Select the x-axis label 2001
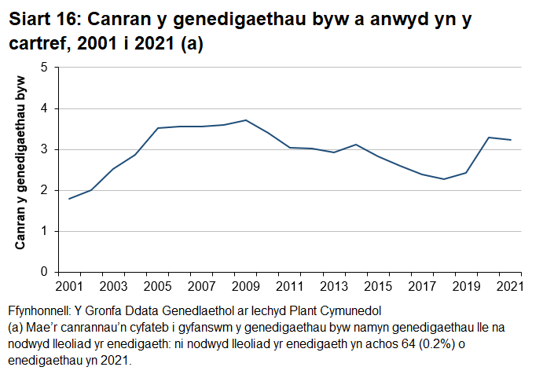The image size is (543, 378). point(69,284)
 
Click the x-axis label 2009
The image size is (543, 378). point(245,284)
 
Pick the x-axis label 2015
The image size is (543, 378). point(378,284)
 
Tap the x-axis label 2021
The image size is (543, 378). point(510,284)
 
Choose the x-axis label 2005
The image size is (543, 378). point(157,284)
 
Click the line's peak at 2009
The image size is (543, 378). point(246,120)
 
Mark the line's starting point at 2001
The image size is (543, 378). point(69,199)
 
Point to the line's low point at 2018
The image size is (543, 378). point(444,179)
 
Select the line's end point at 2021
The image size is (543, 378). point(511,140)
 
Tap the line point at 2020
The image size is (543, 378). point(489,138)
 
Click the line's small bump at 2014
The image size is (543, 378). point(356,145)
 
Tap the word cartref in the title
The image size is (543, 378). point(35,45)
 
